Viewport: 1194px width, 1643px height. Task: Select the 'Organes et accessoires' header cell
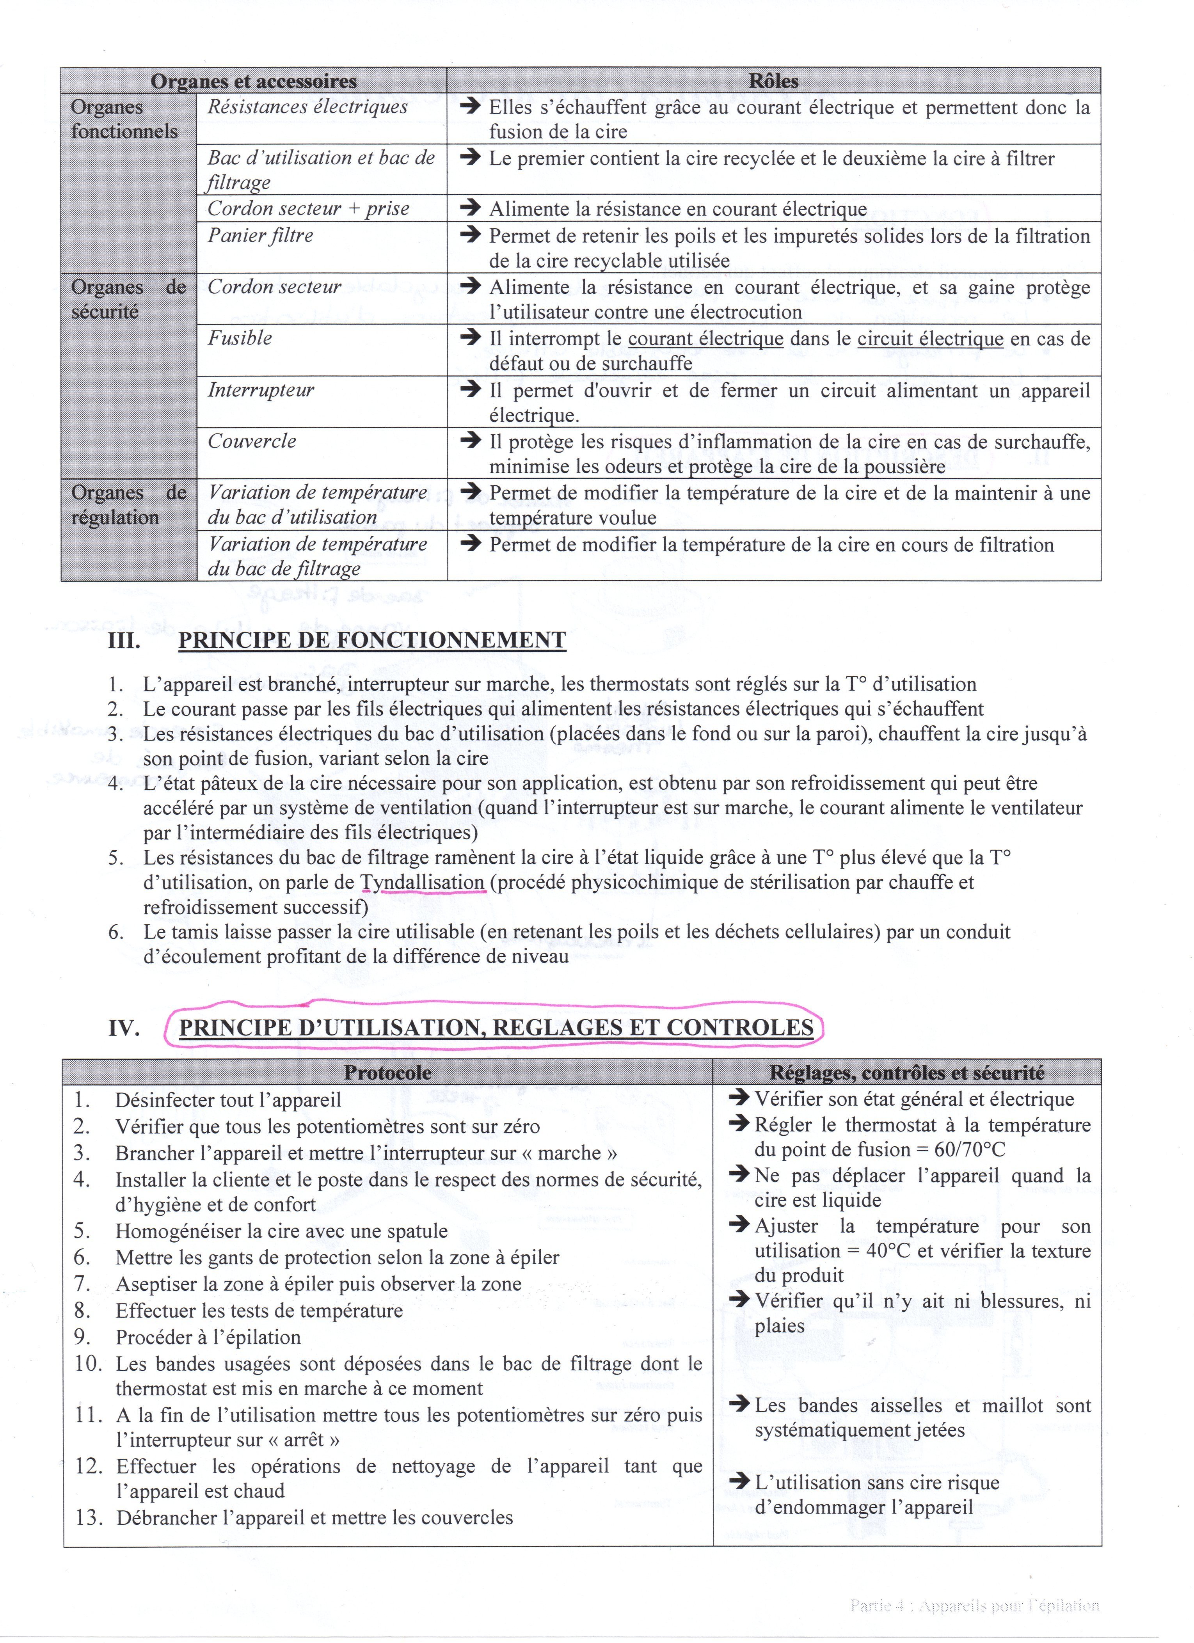pos(254,80)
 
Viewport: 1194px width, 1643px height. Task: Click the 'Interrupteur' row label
pos(261,390)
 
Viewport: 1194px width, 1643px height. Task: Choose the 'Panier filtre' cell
pos(261,235)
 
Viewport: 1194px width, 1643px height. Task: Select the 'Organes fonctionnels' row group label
pos(124,119)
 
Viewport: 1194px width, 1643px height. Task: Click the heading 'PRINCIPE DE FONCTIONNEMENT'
pos(372,640)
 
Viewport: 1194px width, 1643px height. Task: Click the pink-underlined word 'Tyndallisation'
pos(423,882)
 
